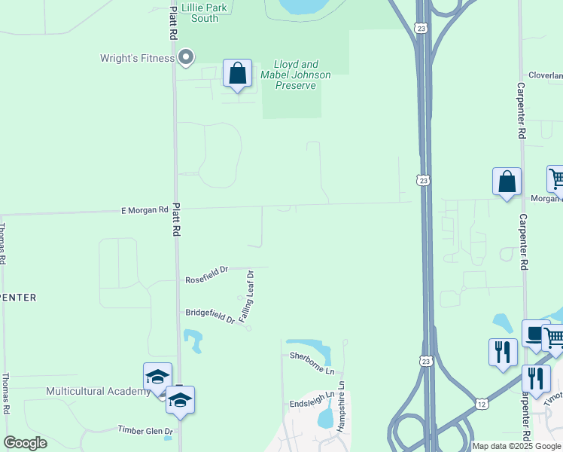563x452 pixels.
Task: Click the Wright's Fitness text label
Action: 138,58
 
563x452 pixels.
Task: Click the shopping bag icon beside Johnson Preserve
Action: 238,75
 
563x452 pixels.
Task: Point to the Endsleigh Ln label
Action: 312,404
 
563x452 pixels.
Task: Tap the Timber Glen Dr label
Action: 145,430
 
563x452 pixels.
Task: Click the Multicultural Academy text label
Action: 99,391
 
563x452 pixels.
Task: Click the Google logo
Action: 25,442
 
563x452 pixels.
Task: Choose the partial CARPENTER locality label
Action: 18,298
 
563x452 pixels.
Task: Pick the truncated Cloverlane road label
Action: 546,75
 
